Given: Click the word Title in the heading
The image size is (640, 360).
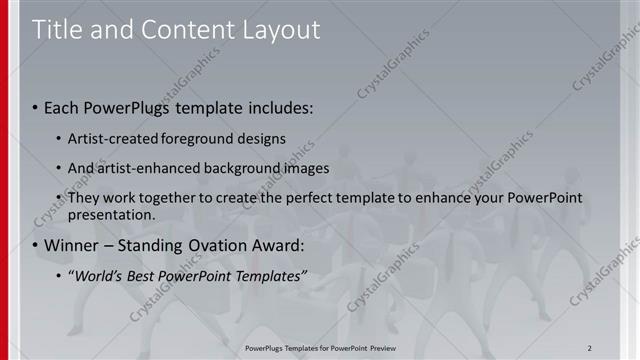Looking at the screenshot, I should (56, 30).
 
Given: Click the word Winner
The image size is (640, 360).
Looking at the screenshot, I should (72, 245).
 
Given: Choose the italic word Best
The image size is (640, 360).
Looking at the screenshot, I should (150, 275).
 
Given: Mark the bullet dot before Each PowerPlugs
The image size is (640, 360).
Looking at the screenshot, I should (35, 107).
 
